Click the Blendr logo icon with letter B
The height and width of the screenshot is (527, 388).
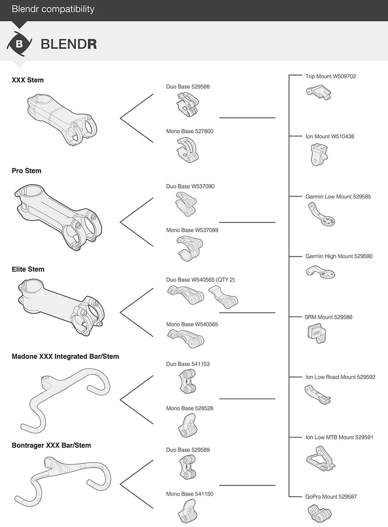19,44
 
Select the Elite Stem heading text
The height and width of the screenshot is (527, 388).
28,269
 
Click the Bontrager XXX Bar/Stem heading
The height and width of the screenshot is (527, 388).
51,445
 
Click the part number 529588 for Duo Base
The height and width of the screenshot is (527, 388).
200,87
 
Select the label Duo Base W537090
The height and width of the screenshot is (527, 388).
190,186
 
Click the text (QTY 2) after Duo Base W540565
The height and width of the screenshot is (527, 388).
226,280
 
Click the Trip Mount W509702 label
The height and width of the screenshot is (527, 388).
330,76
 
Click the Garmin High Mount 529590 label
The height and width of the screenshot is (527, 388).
339,256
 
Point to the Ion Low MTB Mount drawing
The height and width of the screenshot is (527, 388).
321,460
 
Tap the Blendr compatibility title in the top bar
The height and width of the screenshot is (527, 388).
53,9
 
